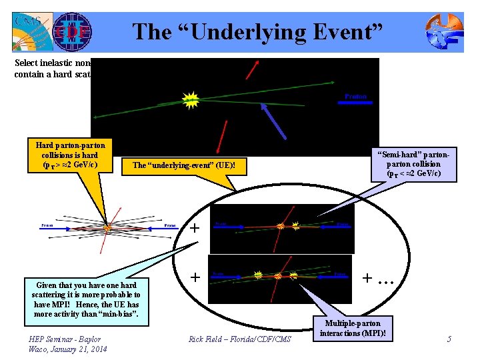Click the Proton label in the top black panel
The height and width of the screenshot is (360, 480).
point(355,97)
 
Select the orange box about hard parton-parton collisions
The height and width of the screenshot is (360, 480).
point(70,155)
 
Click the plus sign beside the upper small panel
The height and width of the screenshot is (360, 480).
point(195,228)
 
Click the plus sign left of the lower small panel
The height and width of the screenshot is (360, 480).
point(195,276)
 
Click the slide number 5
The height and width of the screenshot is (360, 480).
point(449,339)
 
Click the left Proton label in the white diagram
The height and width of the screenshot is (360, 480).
point(47,225)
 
